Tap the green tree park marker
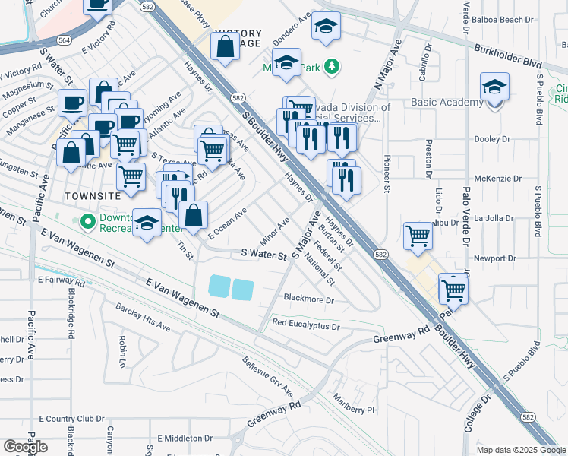click(331, 67)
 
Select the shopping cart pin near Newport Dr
click(418, 236)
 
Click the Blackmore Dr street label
click(308, 299)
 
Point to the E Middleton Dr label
click(185, 439)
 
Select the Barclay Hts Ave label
click(143, 318)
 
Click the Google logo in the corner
click(25, 447)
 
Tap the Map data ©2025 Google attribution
click(520, 450)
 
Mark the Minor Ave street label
click(275, 226)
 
